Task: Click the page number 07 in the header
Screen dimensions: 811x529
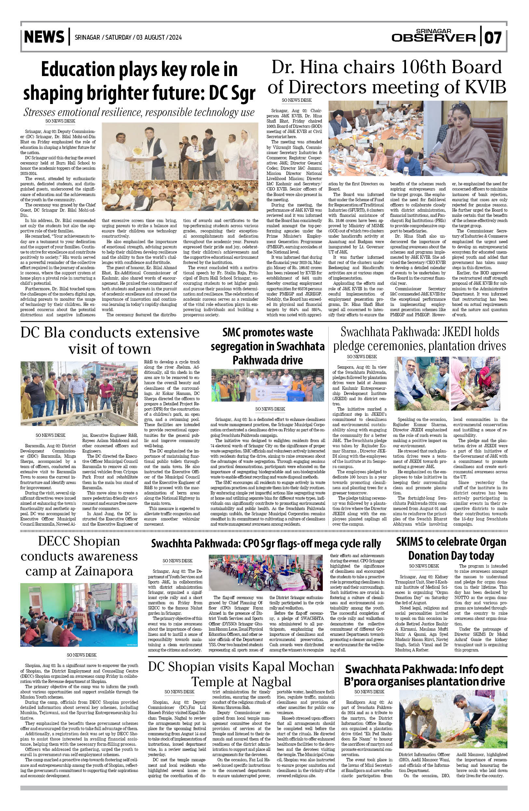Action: click(493, 37)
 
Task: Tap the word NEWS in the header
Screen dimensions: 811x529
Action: click(44, 37)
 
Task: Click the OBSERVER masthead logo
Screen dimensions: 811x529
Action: click(433, 37)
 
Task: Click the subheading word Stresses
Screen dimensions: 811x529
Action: click(40, 112)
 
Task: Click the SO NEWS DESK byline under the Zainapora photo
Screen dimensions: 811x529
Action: click(82, 655)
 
